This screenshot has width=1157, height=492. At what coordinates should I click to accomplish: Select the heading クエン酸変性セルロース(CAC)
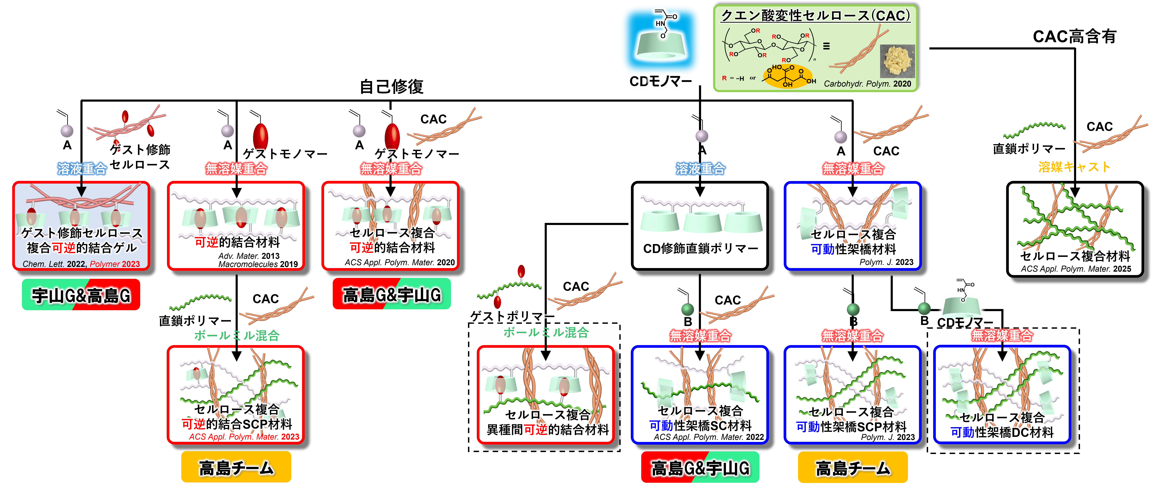coord(815,16)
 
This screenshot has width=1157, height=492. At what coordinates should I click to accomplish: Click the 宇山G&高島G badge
coord(81,295)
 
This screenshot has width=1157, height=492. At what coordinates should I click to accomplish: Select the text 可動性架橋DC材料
coord(1002,432)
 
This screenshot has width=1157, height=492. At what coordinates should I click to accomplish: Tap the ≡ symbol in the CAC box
coord(826,46)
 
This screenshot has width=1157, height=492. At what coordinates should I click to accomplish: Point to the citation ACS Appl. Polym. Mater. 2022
coord(708,437)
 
